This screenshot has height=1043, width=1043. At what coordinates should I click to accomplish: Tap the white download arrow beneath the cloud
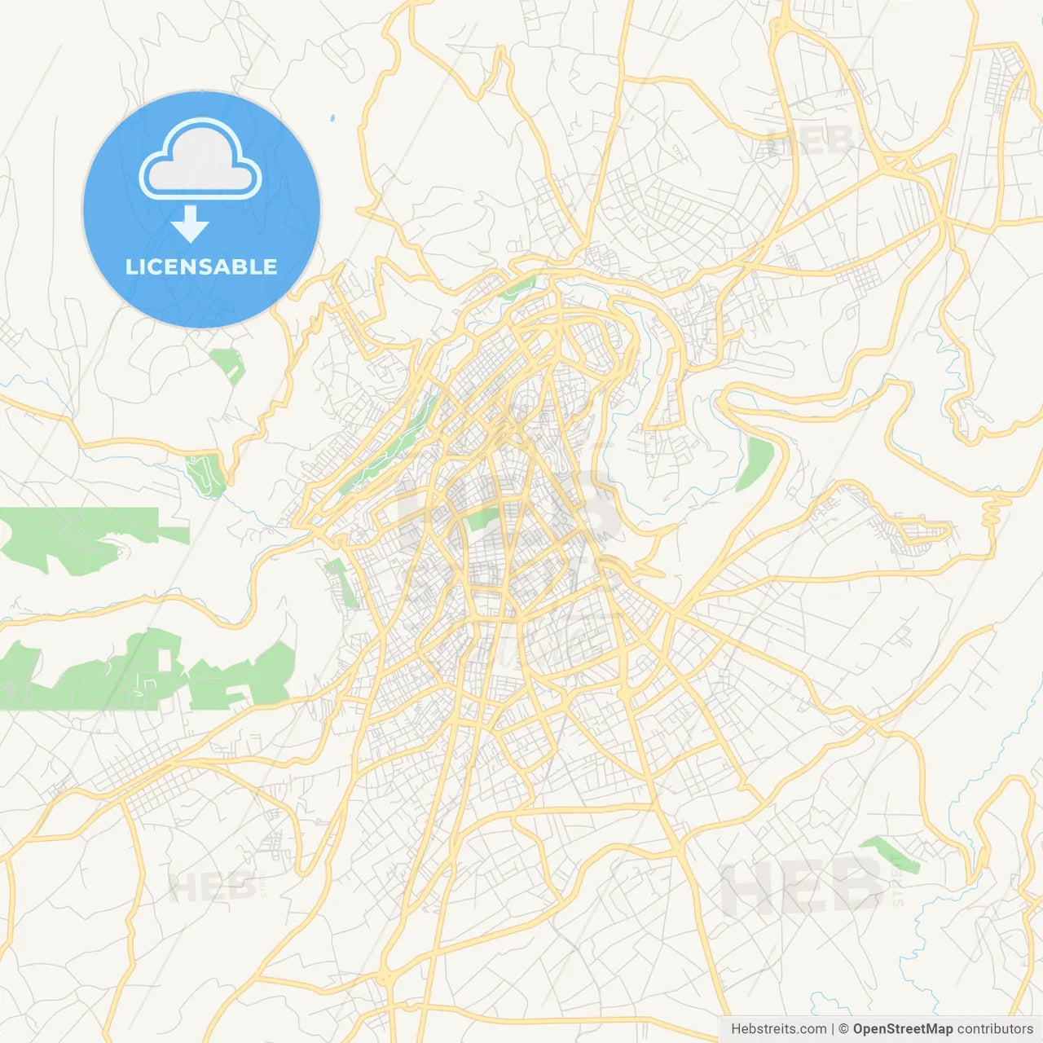pyautogui.click(x=191, y=224)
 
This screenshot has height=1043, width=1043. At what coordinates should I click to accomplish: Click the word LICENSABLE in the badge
pyautogui.click(x=201, y=266)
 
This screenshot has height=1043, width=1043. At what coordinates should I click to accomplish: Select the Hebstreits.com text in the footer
pyautogui.click(x=778, y=1029)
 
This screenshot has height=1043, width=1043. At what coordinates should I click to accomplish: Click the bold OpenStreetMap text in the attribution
pyautogui.click(x=902, y=1029)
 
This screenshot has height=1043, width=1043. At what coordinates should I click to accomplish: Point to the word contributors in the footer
pyautogui.click(x=995, y=1029)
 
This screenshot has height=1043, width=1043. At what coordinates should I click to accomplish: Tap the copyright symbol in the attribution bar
pyautogui.click(x=844, y=1029)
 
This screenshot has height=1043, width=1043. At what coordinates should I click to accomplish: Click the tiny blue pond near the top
pyautogui.click(x=332, y=119)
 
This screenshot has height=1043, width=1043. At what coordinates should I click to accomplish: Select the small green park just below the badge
pyautogui.click(x=227, y=364)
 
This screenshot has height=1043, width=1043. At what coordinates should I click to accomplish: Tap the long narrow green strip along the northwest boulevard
pyautogui.click(x=391, y=440)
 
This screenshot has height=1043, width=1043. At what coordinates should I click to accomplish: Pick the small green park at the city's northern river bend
pyautogui.click(x=518, y=286)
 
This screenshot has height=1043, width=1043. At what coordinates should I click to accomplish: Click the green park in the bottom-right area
pyautogui.click(x=891, y=853)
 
